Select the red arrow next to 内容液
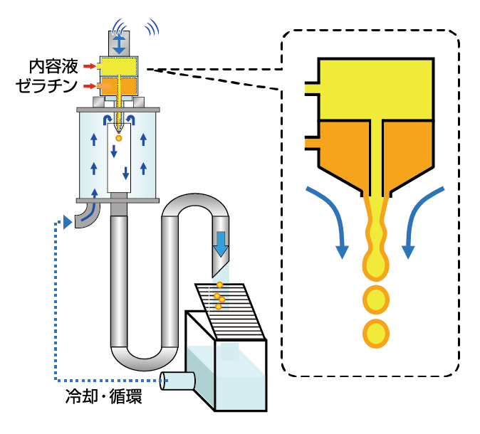89,67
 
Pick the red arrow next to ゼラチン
89,86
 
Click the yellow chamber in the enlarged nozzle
376,88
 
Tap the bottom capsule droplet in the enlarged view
376,333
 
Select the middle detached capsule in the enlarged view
376,299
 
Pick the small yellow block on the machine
118,66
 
